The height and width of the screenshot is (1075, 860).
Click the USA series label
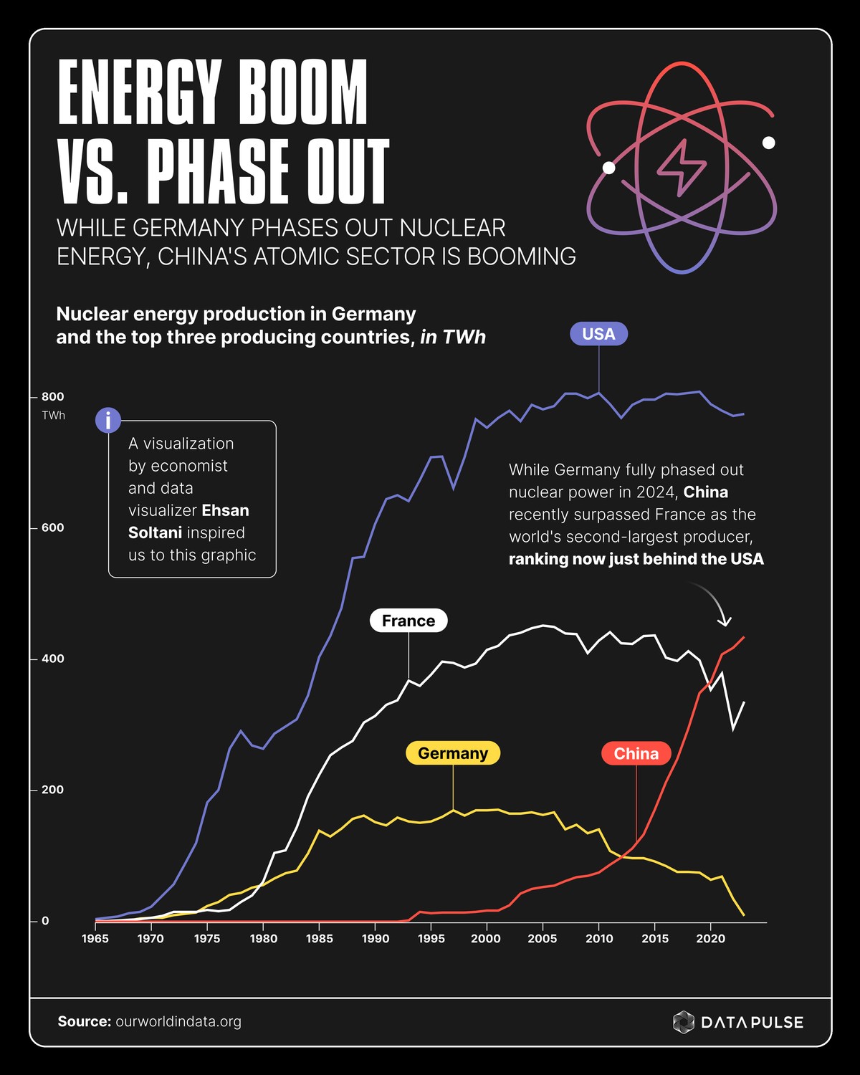click(x=598, y=334)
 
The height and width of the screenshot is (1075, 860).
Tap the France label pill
click(x=408, y=621)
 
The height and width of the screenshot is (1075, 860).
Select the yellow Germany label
click(x=453, y=753)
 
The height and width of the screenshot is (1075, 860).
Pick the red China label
click(x=636, y=753)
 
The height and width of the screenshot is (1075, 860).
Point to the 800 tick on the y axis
click(x=52, y=396)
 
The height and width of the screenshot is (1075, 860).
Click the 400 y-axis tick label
click(x=52, y=659)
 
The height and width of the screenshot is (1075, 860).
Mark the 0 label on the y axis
click(x=45, y=921)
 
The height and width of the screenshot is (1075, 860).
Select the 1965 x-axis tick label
click(x=95, y=939)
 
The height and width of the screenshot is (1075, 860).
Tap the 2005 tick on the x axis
click(x=542, y=939)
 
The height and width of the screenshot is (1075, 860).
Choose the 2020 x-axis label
click(x=710, y=939)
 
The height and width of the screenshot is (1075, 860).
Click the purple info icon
click(x=108, y=421)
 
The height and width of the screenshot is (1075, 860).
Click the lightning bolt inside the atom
click(x=682, y=167)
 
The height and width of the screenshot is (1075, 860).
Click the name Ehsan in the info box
click(x=225, y=510)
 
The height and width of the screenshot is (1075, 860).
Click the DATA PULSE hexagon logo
click(x=684, y=1022)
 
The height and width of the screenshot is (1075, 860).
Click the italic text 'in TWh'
click(x=453, y=337)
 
